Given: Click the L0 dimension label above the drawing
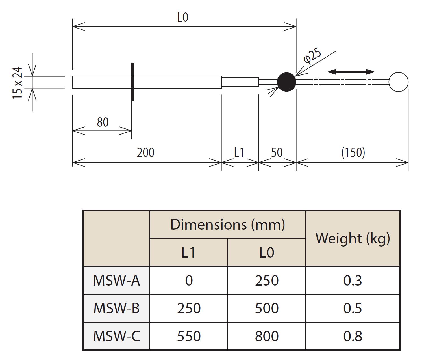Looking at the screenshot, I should pos(182,18).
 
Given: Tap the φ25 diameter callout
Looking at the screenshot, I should pos(312,56).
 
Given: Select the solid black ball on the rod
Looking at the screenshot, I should pos(286,82).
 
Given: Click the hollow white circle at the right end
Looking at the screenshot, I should pos(398,82).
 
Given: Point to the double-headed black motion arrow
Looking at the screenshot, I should pos(351,72).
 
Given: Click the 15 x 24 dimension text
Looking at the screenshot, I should pos(18,83).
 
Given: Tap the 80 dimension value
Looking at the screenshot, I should pos(103,122).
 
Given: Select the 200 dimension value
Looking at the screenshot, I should pos(145,153).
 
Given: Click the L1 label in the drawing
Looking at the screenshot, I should pos(239,153).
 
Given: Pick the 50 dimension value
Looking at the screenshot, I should pos(277,153).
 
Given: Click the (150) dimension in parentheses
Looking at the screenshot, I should pos(353,153).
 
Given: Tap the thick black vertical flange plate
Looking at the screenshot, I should pos(132,82).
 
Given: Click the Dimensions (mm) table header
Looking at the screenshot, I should pos(228,225).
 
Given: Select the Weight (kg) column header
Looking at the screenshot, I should pos(353,238).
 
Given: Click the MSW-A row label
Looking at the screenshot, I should pos(116,281).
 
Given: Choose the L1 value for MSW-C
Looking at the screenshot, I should pos(189,336).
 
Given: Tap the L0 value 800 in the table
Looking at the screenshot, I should pos(267,336).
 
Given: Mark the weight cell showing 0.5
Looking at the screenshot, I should pos(353,308).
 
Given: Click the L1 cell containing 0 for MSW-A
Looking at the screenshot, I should pos(189,281).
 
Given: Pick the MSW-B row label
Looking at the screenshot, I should pos(116,308).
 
